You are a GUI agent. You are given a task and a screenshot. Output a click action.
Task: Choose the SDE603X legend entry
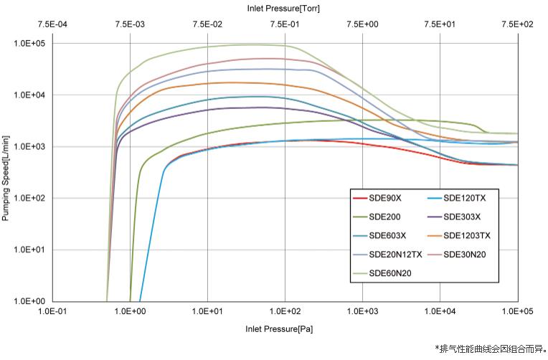tap(387, 235)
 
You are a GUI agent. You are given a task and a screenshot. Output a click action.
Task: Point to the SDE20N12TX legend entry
tap(394, 254)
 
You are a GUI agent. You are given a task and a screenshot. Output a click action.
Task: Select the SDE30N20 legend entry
tap(464, 254)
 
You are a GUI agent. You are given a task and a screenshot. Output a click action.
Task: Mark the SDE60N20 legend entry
tap(389, 273)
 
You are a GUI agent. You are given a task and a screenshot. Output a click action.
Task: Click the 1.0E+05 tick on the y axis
tap(29, 43)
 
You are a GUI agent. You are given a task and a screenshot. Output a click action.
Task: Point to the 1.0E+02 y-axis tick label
tap(29, 198)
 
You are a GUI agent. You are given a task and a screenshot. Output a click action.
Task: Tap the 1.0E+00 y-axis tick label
tap(29, 301)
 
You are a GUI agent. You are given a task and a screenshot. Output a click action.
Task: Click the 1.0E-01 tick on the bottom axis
tap(53, 313)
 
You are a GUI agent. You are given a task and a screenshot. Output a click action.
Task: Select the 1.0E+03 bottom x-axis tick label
tap(363, 313)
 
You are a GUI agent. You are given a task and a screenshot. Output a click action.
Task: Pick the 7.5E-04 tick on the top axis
tap(53, 24)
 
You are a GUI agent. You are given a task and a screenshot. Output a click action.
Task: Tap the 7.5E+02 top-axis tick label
tap(518, 24)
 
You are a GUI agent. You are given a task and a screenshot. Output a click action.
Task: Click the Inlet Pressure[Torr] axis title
tap(285, 9)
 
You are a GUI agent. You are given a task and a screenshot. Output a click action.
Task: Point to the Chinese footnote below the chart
tap(491, 349)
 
